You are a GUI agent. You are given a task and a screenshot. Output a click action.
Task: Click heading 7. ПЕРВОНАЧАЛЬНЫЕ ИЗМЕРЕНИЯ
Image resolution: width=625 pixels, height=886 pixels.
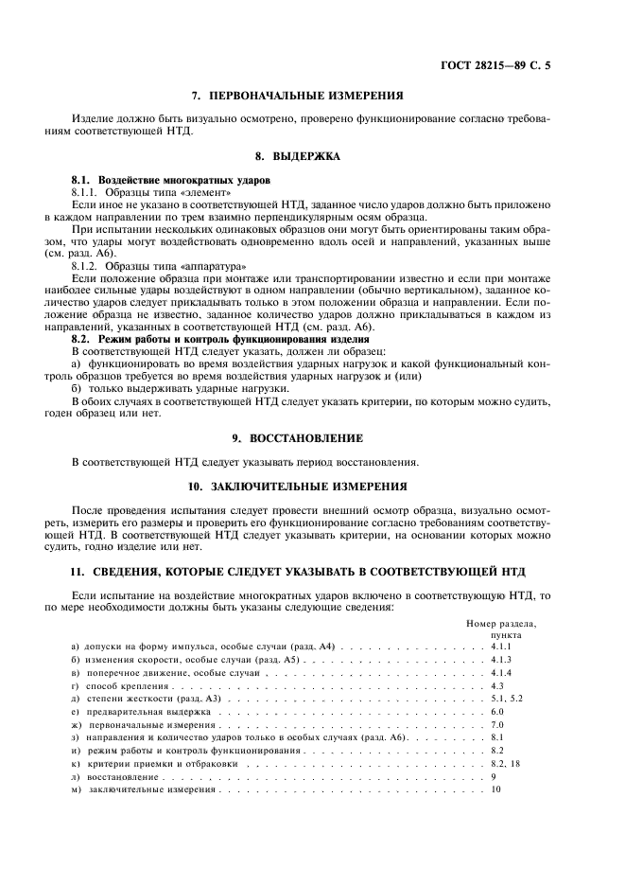click(297, 96)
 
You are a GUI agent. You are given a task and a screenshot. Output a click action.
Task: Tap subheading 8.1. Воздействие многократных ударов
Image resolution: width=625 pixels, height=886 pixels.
click(171, 179)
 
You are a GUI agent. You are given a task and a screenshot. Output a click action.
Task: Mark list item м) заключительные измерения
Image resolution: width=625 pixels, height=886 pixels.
click(145, 789)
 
